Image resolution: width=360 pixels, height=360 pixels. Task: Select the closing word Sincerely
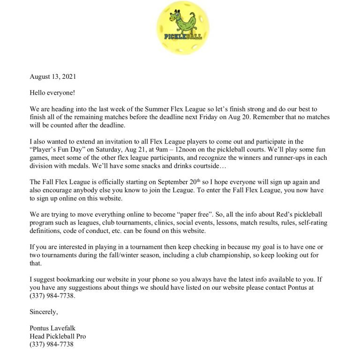coord(43,311)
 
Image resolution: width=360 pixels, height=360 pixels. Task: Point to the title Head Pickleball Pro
coord(58,336)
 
